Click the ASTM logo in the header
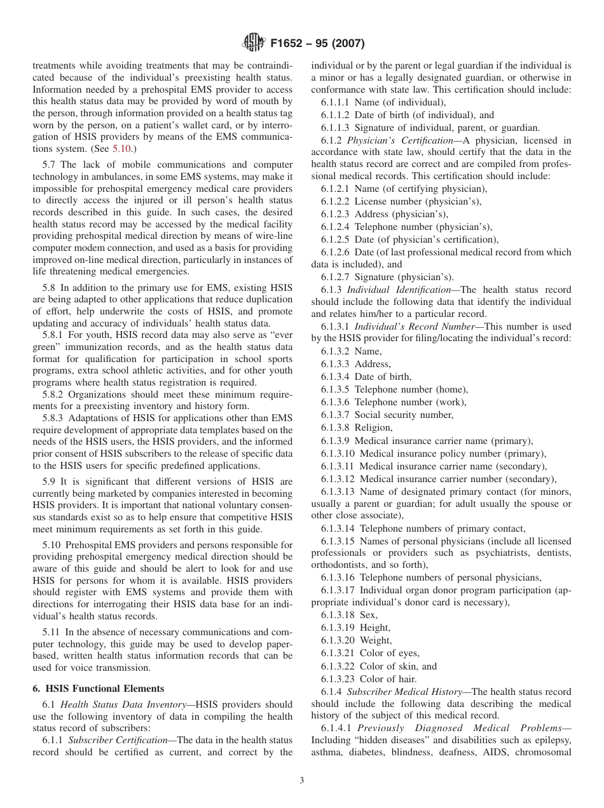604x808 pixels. tap(254, 44)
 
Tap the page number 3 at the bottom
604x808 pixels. tap(302, 781)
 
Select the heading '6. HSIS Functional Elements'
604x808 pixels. tap(98, 688)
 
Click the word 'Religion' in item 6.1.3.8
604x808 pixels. tap(373, 428)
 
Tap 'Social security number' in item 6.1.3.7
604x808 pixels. tap(404, 415)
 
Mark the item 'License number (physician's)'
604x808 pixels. tap(418, 201)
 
